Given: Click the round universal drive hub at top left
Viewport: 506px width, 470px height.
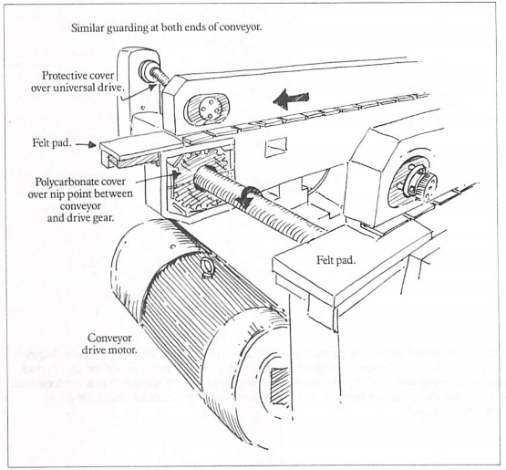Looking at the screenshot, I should [x=146, y=70].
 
